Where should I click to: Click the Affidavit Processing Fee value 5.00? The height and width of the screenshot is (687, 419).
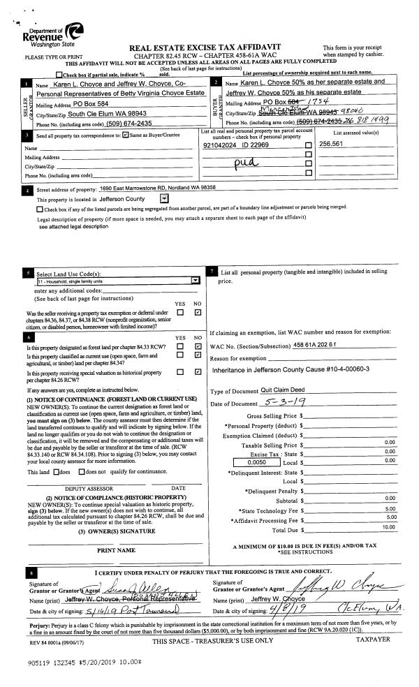(391, 498)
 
